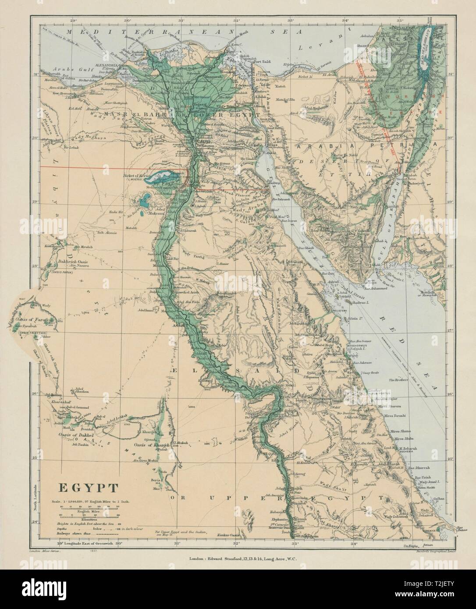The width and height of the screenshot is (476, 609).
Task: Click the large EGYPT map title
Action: click(87, 488)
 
